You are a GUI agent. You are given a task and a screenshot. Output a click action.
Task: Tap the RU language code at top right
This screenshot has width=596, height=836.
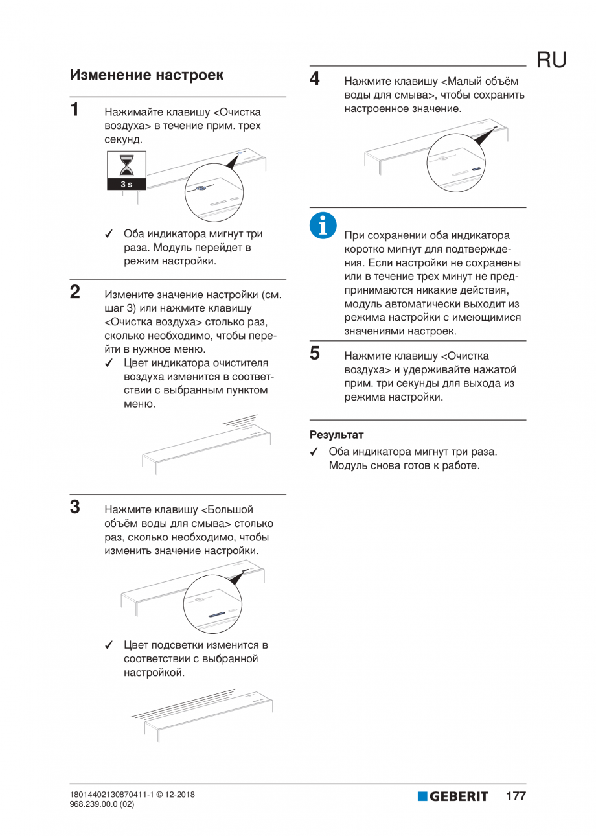tap(551, 60)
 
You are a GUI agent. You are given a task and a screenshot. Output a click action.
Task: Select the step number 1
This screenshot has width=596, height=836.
tap(75, 108)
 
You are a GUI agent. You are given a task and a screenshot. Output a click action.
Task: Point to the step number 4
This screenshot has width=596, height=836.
tap(315, 79)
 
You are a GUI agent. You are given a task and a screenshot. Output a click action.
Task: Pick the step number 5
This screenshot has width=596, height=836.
tap(315, 353)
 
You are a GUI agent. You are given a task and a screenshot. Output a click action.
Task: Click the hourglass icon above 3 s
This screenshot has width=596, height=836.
tap(128, 165)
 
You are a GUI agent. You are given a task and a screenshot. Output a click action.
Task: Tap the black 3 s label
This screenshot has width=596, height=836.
tap(128, 185)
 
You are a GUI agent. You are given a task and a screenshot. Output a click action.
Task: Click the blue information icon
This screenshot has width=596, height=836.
tap(321, 224)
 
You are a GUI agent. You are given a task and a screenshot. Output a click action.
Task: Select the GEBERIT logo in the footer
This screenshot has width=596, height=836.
tap(452, 796)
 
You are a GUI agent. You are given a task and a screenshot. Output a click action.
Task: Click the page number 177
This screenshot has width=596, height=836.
tap(516, 796)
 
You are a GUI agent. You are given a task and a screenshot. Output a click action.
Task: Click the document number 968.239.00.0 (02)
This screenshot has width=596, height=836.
tap(102, 804)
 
